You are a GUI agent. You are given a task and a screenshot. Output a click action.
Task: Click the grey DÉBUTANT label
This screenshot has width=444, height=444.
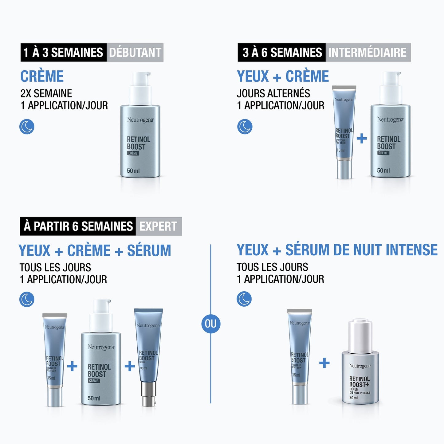pyautogui.click(x=135, y=53)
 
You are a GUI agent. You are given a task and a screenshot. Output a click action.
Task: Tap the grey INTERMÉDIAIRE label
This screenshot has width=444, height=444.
pyautogui.click(x=367, y=53)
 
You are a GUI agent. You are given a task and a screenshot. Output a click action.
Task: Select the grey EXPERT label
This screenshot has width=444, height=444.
pyautogui.click(x=159, y=226)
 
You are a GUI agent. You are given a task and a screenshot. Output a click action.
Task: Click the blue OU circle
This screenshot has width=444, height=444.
pyautogui.click(x=211, y=324)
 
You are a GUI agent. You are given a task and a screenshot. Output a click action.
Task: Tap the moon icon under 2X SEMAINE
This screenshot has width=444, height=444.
pyautogui.click(x=27, y=127)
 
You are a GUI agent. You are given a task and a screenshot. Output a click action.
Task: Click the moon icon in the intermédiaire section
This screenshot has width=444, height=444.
pyautogui.click(x=245, y=127)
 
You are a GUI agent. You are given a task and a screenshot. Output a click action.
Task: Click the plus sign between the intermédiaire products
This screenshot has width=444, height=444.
pyautogui.click(x=362, y=139)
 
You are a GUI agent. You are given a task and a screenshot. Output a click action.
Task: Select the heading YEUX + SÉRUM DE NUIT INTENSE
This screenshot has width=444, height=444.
pyautogui.click(x=337, y=250)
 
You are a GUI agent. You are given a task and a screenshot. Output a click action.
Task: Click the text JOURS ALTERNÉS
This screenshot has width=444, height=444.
pyautogui.click(x=273, y=93)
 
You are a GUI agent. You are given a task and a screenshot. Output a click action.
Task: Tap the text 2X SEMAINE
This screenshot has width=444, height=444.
pyautogui.click(x=46, y=93)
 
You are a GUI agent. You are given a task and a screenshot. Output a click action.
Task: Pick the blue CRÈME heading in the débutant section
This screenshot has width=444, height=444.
pyautogui.click(x=42, y=76)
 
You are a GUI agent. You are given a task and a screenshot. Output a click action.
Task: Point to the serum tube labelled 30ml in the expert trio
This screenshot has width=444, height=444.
pyautogui.click(x=148, y=353)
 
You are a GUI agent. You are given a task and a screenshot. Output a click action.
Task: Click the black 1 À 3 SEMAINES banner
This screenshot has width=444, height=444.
pyautogui.click(x=63, y=53)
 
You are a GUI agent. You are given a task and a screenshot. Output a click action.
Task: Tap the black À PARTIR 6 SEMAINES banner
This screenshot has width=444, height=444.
pyautogui.click(x=78, y=226)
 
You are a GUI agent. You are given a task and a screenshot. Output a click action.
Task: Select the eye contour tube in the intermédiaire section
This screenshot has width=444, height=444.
pyautogui.click(x=344, y=132)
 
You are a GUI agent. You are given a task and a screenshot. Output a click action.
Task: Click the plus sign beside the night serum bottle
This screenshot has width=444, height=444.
pyautogui.click(x=324, y=363)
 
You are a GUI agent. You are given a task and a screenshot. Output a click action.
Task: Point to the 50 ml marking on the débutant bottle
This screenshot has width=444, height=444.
pyautogui.click(x=133, y=171)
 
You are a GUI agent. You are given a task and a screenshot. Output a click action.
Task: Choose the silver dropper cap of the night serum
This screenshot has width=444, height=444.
pyautogui.click(x=360, y=336)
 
